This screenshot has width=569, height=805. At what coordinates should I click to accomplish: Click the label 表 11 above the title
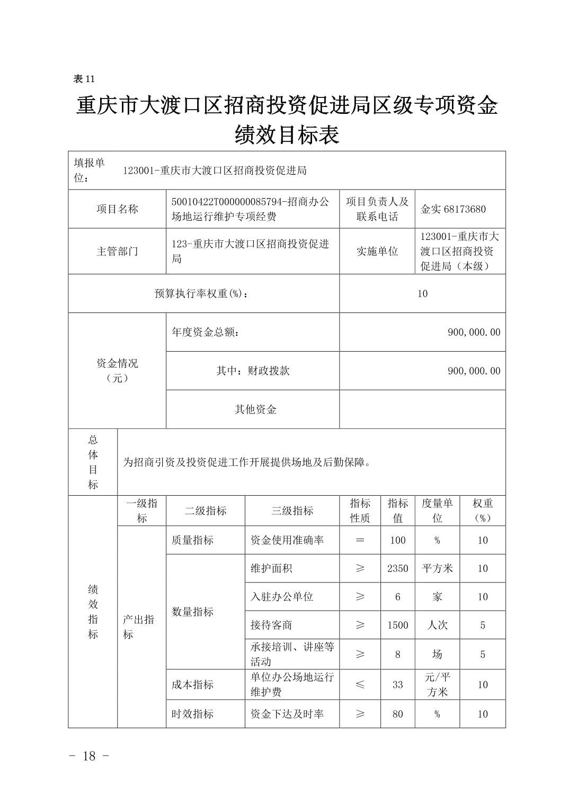coord(84,79)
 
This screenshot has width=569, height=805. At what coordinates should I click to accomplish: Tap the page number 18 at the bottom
coord(89,756)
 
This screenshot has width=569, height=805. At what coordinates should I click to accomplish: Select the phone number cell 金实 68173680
coord(453,209)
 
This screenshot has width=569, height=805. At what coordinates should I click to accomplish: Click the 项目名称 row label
coord(117,209)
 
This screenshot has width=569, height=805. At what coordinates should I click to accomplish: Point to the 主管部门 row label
coord(117,252)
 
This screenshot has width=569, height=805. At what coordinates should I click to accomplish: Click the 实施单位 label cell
coord(377,252)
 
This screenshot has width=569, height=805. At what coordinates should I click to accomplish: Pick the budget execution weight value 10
coord(422,294)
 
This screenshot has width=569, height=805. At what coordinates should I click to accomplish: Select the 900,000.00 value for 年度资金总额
coord(474,333)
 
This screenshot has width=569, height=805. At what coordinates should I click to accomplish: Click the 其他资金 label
coord(255,409)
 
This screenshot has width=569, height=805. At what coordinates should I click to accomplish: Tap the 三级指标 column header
coord(292,511)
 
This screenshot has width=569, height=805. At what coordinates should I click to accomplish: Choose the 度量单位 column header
coord(437,511)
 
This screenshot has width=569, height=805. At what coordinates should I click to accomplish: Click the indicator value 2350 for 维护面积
coord(397,569)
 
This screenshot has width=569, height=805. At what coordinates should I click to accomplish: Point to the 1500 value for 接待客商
coord(397,625)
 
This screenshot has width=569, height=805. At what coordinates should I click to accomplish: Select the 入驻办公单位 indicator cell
coord(282,597)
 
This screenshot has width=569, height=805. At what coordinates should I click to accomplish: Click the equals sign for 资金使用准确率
coord(360,540)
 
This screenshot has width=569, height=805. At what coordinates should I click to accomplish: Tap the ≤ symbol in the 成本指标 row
coord(360,685)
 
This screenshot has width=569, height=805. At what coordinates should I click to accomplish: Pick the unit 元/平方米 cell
coord(437,685)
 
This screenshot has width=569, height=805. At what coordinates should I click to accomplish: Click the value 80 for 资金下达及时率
coord(397,714)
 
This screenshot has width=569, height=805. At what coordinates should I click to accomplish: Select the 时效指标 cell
coord(192,714)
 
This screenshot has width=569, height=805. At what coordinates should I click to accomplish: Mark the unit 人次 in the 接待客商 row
coord(437,625)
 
